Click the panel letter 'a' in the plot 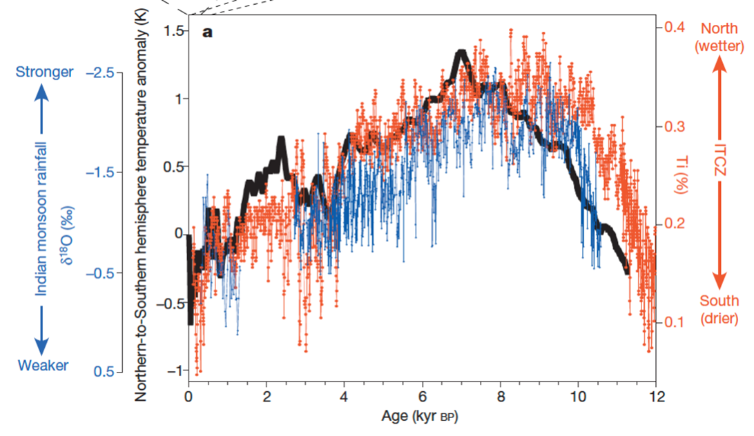(206, 32)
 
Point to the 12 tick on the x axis (657, 396)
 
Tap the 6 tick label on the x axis (423, 396)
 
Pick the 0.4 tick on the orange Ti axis (673, 28)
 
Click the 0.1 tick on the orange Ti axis (673, 322)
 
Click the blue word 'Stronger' (43, 72)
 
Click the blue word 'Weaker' (43, 366)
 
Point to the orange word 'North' (719, 28)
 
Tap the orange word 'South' (719, 301)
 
